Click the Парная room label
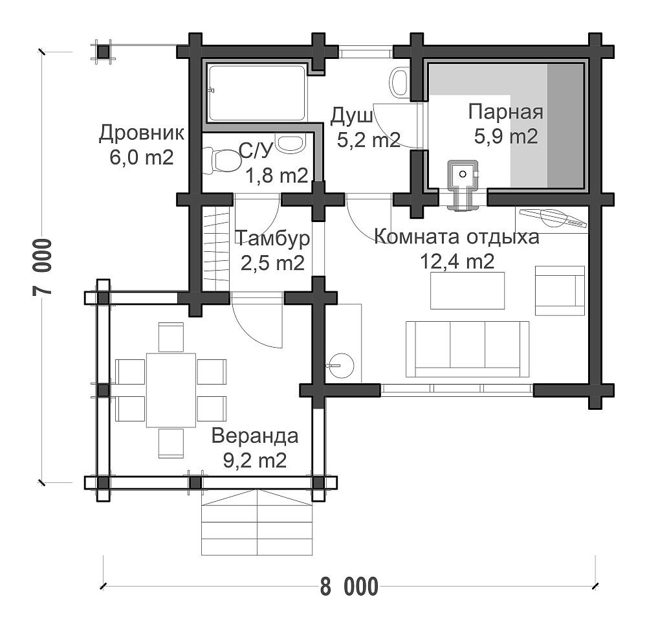click(x=505, y=112)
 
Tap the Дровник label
click(x=142, y=133)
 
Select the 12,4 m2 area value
click(x=457, y=261)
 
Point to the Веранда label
click(x=255, y=436)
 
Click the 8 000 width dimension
click(x=349, y=587)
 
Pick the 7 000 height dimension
click(x=43, y=267)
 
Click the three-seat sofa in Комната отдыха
click(x=468, y=350)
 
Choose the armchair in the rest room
click(x=560, y=291)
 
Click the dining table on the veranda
click(x=171, y=390)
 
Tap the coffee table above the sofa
click(x=468, y=290)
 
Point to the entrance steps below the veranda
click(x=257, y=522)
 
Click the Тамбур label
click(x=272, y=238)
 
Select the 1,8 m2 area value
click(x=277, y=176)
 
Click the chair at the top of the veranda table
click(x=171, y=337)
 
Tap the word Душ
click(x=351, y=117)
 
